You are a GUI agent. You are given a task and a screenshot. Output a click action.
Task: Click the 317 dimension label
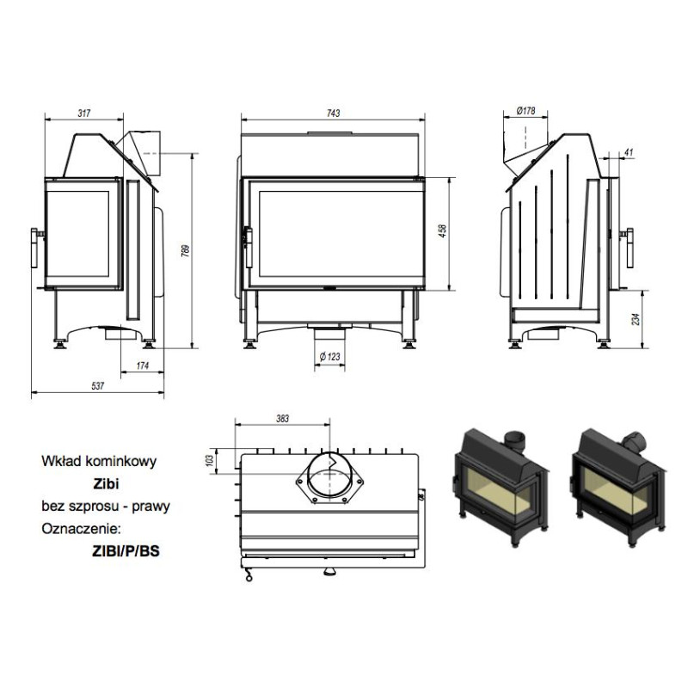(x=83, y=114)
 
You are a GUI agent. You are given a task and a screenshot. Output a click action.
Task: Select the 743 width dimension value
(x=333, y=114)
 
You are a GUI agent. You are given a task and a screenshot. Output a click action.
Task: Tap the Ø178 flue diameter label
(x=525, y=111)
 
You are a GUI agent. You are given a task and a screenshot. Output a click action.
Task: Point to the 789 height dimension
(x=186, y=250)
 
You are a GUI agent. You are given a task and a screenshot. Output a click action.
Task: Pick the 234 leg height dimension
(x=636, y=319)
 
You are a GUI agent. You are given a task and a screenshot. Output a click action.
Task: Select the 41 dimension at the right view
(x=629, y=152)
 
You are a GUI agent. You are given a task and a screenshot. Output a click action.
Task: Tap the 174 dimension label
(x=143, y=365)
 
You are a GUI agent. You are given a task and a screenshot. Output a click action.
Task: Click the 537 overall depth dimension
(x=97, y=385)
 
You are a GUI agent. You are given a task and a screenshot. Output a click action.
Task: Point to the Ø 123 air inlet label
(x=329, y=356)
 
